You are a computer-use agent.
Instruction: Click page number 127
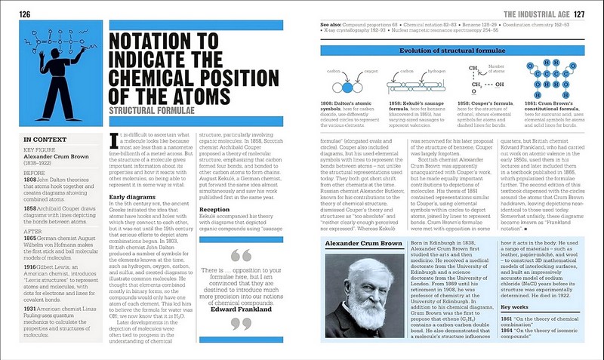click(578, 14)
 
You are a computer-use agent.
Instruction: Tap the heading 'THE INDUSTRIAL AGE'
click(532, 14)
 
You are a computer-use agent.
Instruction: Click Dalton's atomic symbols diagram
click(339, 82)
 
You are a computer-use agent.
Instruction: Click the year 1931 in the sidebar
click(31, 309)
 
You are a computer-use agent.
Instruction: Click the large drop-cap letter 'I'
click(113, 140)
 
